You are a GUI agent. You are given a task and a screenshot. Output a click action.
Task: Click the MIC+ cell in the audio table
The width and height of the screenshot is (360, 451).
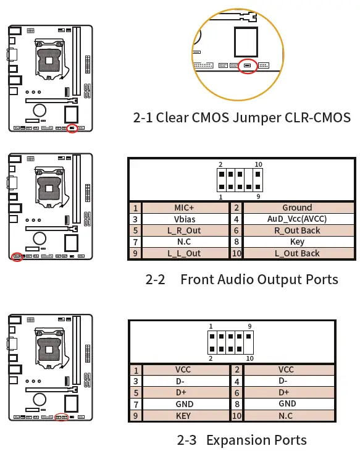[x=183, y=208]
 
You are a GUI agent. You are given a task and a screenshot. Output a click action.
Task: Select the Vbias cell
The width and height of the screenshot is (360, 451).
[x=183, y=219]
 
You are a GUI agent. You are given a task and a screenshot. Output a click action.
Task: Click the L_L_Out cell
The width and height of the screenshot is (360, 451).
[x=183, y=253]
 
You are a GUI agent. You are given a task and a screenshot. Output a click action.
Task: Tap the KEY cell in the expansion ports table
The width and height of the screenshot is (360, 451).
[x=183, y=416]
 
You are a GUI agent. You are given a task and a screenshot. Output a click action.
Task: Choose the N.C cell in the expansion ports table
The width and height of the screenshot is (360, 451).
[x=285, y=416]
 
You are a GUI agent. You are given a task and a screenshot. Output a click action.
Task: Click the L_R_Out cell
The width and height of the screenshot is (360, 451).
[x=183, y=230]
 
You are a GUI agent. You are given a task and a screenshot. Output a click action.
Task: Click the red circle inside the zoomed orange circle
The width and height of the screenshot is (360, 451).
[x=248, y=65]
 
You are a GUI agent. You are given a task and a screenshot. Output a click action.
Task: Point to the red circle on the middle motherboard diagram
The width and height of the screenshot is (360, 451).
[x=17, y=256]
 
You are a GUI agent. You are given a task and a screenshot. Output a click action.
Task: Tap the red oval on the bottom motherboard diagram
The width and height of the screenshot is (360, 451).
[x=61, y=417]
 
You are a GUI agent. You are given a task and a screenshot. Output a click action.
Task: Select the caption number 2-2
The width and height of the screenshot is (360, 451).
[x=155, y=279]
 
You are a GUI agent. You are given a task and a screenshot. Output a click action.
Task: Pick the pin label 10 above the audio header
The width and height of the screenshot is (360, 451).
[x=258, y=165]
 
